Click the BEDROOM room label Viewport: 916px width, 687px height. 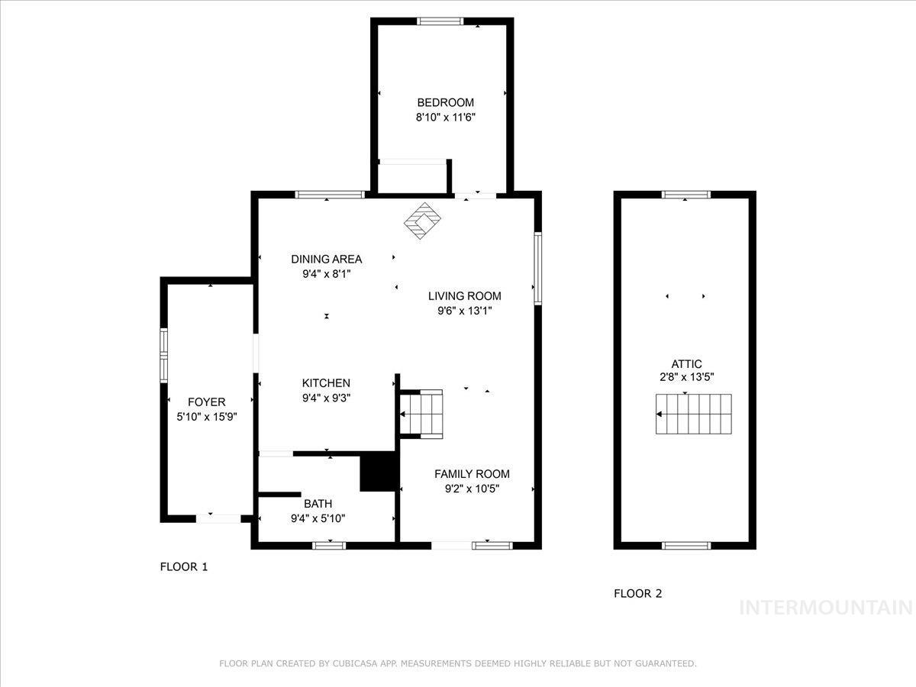[445, 102]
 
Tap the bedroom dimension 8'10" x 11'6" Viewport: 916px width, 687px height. [445, 118]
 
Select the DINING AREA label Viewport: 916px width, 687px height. [326, 259]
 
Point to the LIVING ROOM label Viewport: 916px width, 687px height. [464, 295]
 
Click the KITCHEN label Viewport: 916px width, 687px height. [326, 383]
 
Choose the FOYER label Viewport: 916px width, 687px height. [207, 402]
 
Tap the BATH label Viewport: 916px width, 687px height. [318, 504]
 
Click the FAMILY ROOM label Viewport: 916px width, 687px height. [472, 474]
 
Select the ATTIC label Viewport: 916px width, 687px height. [686, 364]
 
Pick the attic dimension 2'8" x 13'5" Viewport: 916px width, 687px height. [686, 376]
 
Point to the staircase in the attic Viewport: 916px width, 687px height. [693, 414]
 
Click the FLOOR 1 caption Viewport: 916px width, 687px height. [183, 566]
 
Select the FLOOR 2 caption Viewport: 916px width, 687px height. [638, 593]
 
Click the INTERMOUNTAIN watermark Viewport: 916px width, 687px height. [826, 608]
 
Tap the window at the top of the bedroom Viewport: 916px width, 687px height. [440, 21]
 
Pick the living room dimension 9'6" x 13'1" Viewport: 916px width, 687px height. [464, 311]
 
